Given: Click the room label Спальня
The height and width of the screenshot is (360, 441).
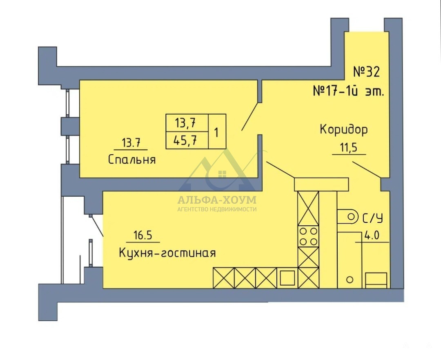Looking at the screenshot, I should tap(132, 159).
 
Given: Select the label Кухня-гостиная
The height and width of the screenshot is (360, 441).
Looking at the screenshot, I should tap(167, 253).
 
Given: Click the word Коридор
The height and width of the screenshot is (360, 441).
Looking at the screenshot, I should tap(343, 130).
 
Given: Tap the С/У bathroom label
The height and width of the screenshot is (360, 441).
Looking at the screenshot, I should tap(373, 219).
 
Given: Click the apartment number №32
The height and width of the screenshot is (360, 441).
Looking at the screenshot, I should tap(366, 72).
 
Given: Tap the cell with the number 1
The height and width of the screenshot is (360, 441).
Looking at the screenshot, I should tap(216, 132).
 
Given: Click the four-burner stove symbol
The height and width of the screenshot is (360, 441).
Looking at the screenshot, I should tap(308, 236).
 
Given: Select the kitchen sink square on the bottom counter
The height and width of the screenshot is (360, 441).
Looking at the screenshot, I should tap(287, 278).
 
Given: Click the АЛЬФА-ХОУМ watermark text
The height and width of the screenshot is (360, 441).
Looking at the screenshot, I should tap(217, 200).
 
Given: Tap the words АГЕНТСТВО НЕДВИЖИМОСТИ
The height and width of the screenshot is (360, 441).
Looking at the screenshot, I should tap(217, 209).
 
